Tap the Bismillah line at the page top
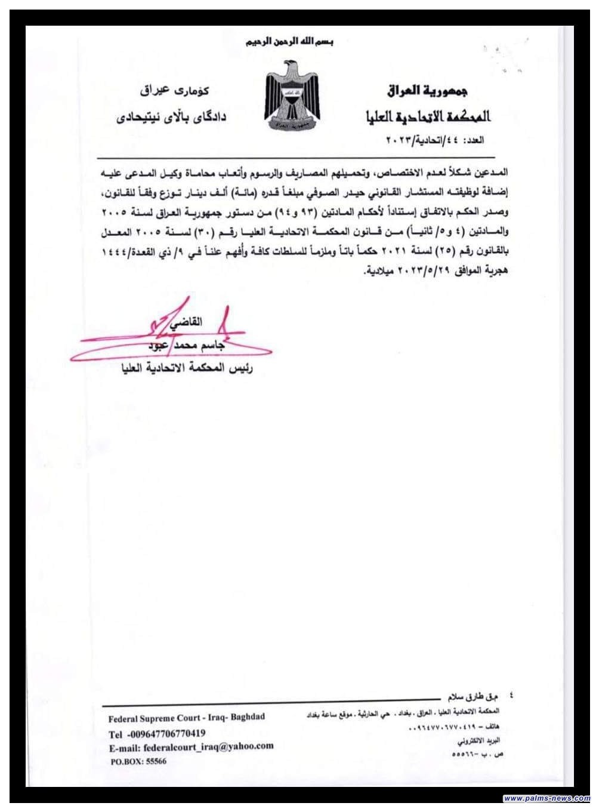(290, 43)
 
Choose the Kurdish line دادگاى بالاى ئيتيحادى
(171, 116)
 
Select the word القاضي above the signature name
(186, 322)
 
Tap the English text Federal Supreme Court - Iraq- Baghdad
(187, 718)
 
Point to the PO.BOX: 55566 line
(138, 761)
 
